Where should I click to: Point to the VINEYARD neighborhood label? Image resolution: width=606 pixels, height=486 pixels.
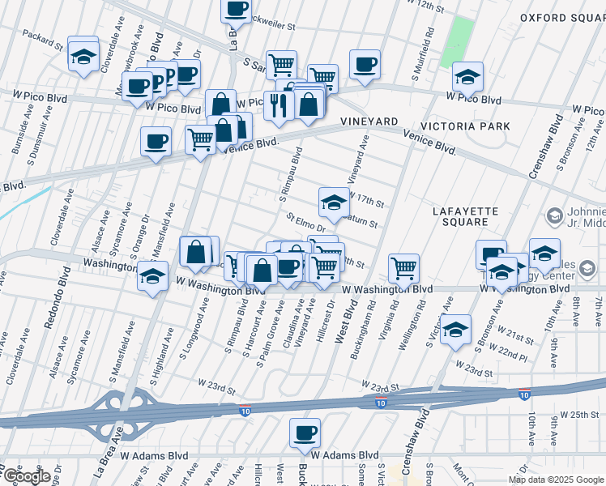pyautogui.click(x=369, y=120)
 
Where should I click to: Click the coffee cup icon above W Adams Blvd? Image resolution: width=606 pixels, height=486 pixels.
pyautogui.click(x=305, y=433)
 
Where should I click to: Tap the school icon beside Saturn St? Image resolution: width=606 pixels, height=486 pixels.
pyautogui.click(x=334, y=202)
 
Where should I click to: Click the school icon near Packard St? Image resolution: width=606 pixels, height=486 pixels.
pyautogui.click(x=83, y=53)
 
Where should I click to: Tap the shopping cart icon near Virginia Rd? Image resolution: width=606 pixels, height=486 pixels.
pyautogui.click(x=403, y=267)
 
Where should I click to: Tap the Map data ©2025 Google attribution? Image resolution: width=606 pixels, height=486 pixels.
pyautogui.click(x=556, y=480)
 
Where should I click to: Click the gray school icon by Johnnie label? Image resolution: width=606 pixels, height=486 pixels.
pyautogui.click(x=554, y=215)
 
